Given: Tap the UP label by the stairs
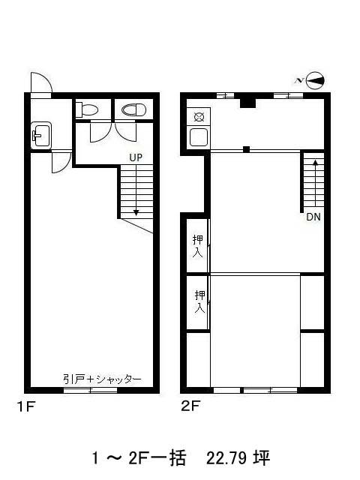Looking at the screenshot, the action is [136, 157].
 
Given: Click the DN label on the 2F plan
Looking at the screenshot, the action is [313, 217].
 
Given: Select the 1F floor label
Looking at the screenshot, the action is [26, 406].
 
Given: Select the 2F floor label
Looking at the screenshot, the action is [190, 406].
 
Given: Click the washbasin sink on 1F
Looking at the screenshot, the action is [41, 136].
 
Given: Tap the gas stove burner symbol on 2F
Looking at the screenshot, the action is [199, 117].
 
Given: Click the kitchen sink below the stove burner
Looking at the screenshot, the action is [199, 137].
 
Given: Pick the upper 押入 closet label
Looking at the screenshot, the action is [198, 246].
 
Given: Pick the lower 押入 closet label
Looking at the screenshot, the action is [199, 301].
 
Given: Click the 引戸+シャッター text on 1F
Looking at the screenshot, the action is [102, 379].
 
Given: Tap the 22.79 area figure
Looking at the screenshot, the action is [226, 458].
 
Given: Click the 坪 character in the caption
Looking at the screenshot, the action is [261, 458].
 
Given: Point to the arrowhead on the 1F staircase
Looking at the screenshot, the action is [136, 213].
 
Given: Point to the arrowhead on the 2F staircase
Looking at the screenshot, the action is [315, 162].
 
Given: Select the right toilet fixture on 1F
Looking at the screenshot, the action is [134, 110].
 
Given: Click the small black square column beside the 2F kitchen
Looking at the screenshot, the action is [247, 149].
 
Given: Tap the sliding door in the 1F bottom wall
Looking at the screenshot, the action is [90, 390].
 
